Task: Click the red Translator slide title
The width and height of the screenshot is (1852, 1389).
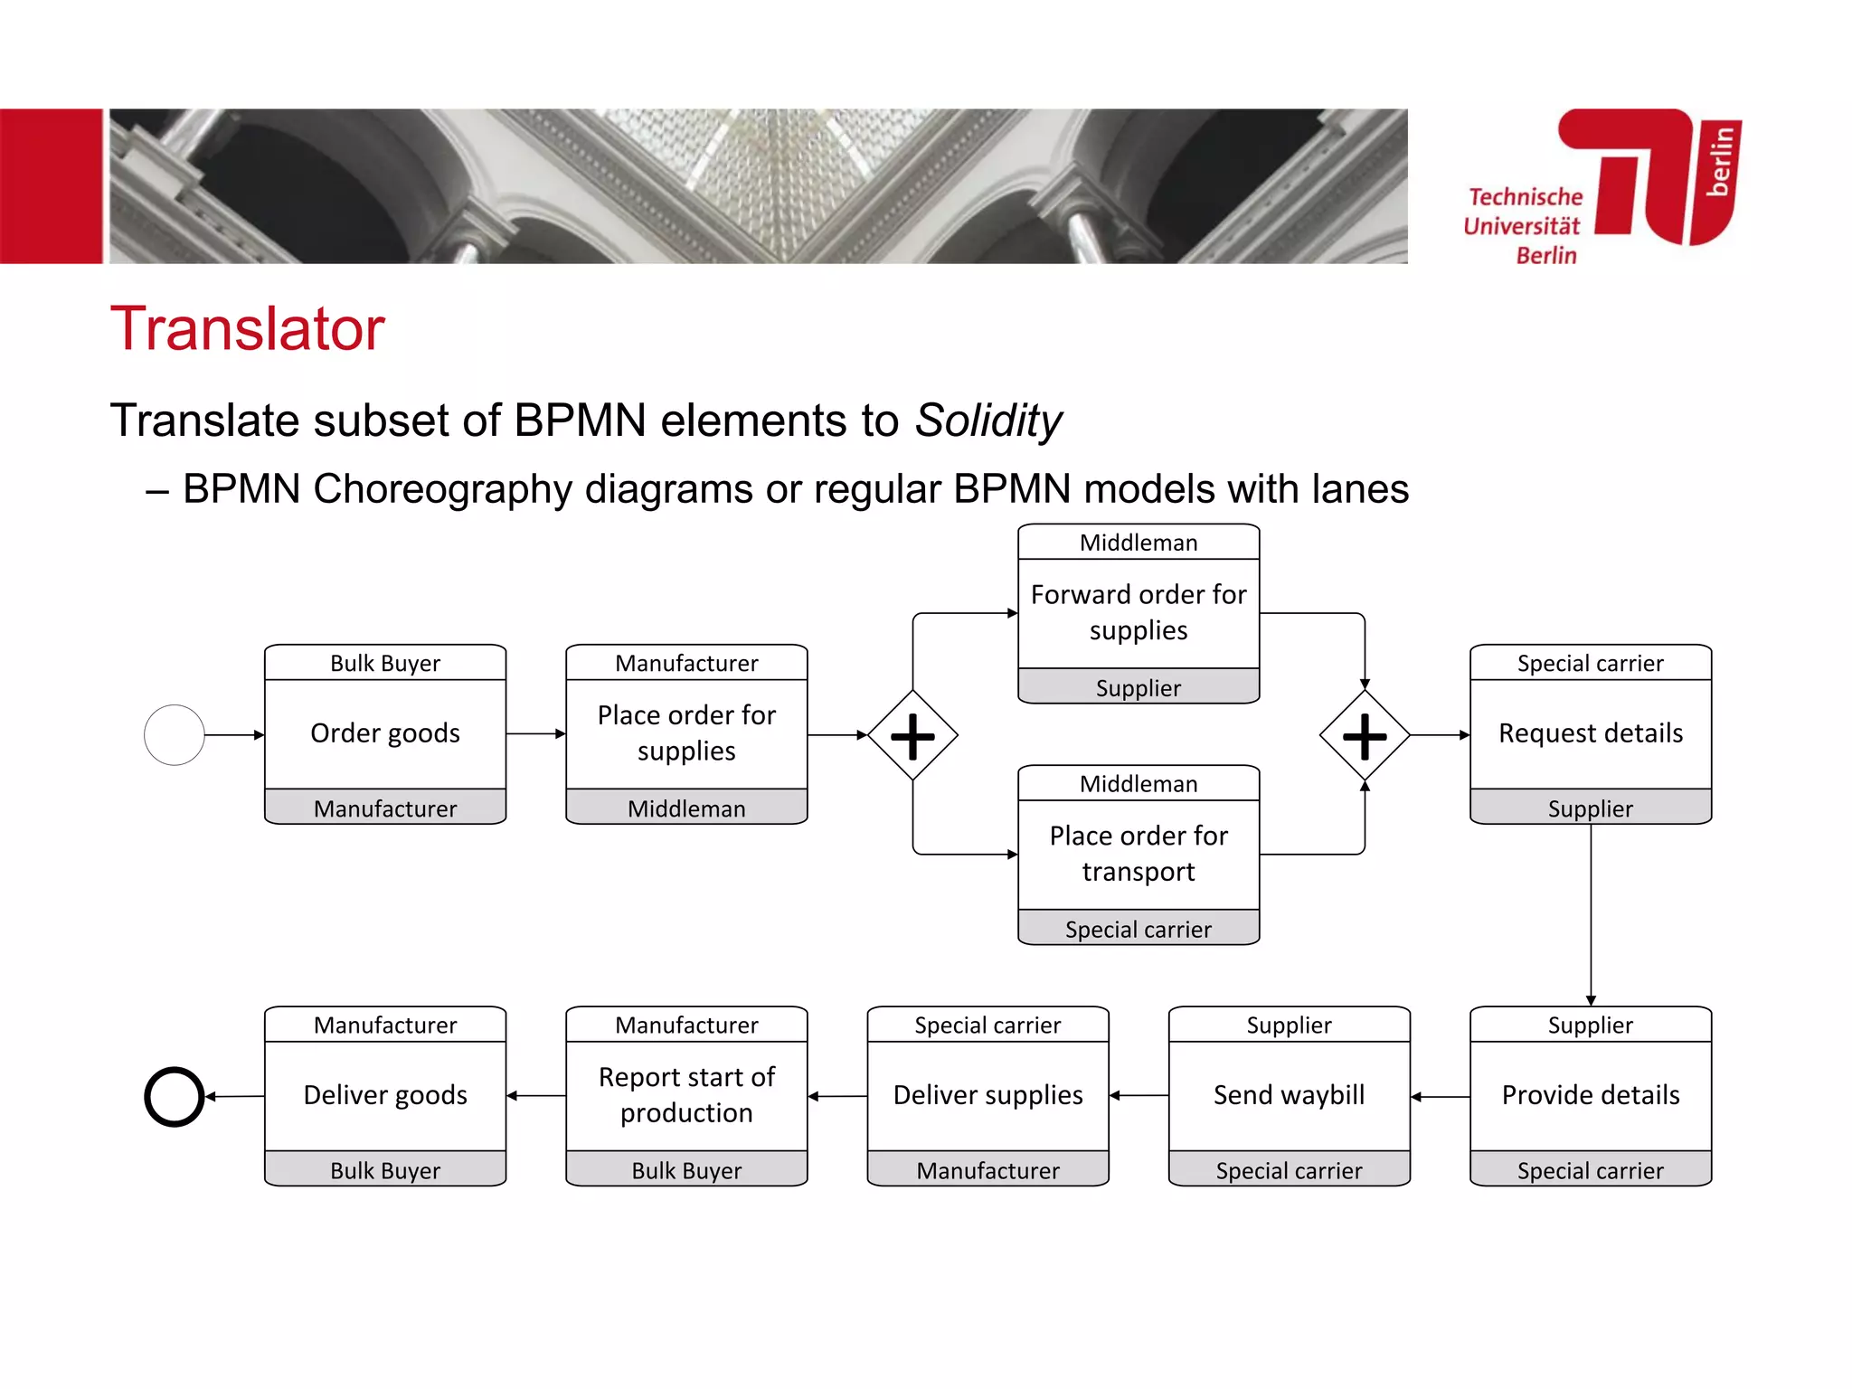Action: tap(247, 328)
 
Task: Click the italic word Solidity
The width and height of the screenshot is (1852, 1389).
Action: tap(987, 420)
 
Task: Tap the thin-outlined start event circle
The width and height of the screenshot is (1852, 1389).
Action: tap(175, 735)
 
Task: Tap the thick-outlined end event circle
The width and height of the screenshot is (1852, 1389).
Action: tap(175, 1097)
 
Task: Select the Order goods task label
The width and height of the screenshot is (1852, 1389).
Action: tap(385, 733)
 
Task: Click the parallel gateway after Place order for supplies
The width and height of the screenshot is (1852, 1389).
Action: tap(912, 735)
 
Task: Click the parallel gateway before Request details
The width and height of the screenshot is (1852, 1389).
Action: tap(1365, 735)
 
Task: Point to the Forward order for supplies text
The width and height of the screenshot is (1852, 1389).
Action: tap(1139, 612)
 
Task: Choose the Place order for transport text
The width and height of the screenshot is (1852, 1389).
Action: tap(1139, 854)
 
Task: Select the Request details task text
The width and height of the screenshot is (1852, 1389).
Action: tap(1591, 733)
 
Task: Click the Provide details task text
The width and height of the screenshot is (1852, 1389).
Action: tap(1591, 1095)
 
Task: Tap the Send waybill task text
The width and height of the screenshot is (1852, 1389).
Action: tap(1289, 1095)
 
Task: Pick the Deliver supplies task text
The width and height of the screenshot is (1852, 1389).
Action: tap(987, 1095)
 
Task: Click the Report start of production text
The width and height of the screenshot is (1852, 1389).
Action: tap(686, 1095)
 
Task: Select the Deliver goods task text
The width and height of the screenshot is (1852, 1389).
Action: tap(385, 1095)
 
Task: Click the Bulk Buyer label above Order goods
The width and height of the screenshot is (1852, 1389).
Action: tap(385, 663)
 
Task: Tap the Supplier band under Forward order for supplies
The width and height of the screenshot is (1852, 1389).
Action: tap(1139, 688)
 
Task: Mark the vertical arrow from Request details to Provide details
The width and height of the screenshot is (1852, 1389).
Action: tap(1591, 913)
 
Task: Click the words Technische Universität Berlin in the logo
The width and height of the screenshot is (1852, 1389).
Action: tap(1525, 226)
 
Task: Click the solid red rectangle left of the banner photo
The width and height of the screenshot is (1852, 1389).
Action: tap(51, 186)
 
